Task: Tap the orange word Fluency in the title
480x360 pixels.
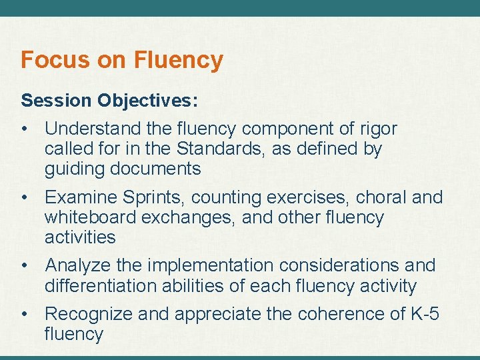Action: coord(179,61)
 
